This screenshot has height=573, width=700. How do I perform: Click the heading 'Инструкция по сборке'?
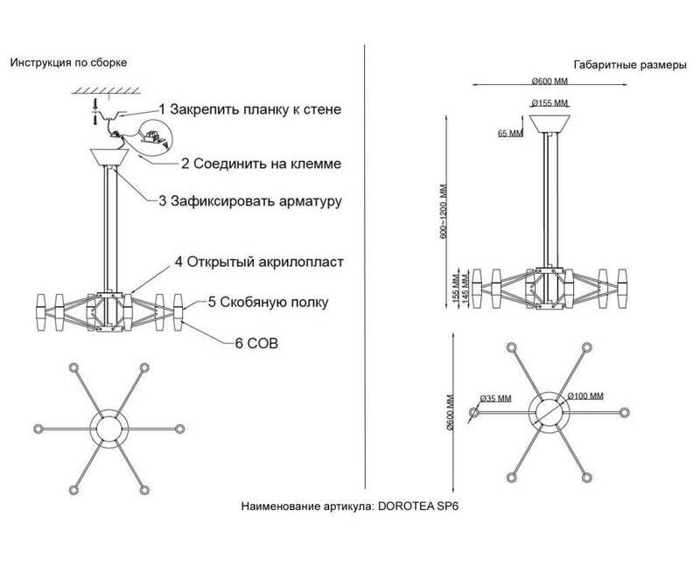pos(69,63)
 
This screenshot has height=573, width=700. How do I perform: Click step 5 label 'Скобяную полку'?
pos(255,304)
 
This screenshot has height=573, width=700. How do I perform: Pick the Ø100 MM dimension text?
pos(586,396)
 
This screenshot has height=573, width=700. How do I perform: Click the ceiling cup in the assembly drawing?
pos(109,158)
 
